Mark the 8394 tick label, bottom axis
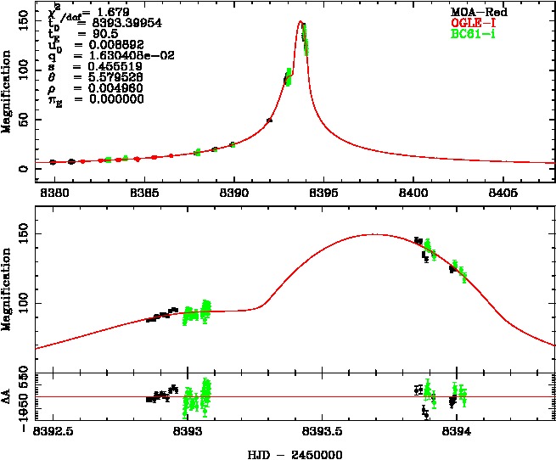(457, 431)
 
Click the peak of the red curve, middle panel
(374, 234)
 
